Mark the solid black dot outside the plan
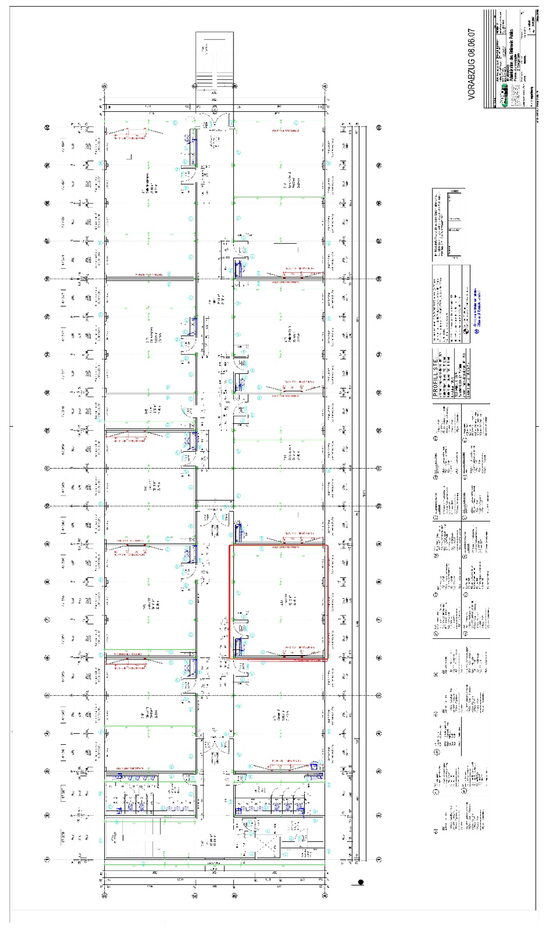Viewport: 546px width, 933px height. tap(361, 882)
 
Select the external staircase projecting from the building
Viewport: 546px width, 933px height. tap(214, 59)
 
